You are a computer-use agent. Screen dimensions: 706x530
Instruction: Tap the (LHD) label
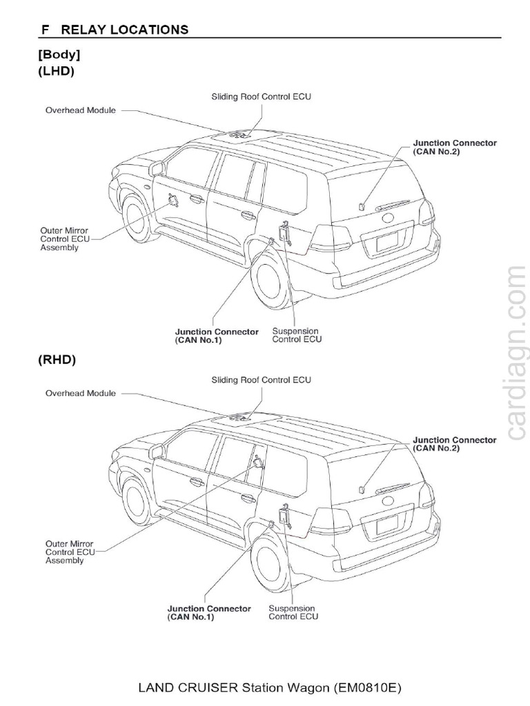(x=57, y=71)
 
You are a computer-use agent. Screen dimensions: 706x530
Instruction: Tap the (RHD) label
(x=57, y=359)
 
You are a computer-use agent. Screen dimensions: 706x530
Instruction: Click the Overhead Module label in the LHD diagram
(x=81, y=110)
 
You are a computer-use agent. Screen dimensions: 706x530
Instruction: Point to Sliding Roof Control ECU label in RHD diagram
(x=261, y=380)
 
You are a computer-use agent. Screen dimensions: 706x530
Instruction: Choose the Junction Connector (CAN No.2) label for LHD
(x=454, y=147)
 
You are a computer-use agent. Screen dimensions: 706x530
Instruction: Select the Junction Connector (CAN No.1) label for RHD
(x=209, y=613)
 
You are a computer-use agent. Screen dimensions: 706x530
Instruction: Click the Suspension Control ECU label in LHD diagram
(x=297, y=335)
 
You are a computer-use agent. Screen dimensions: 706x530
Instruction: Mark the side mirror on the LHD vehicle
(x=158, y=168)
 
